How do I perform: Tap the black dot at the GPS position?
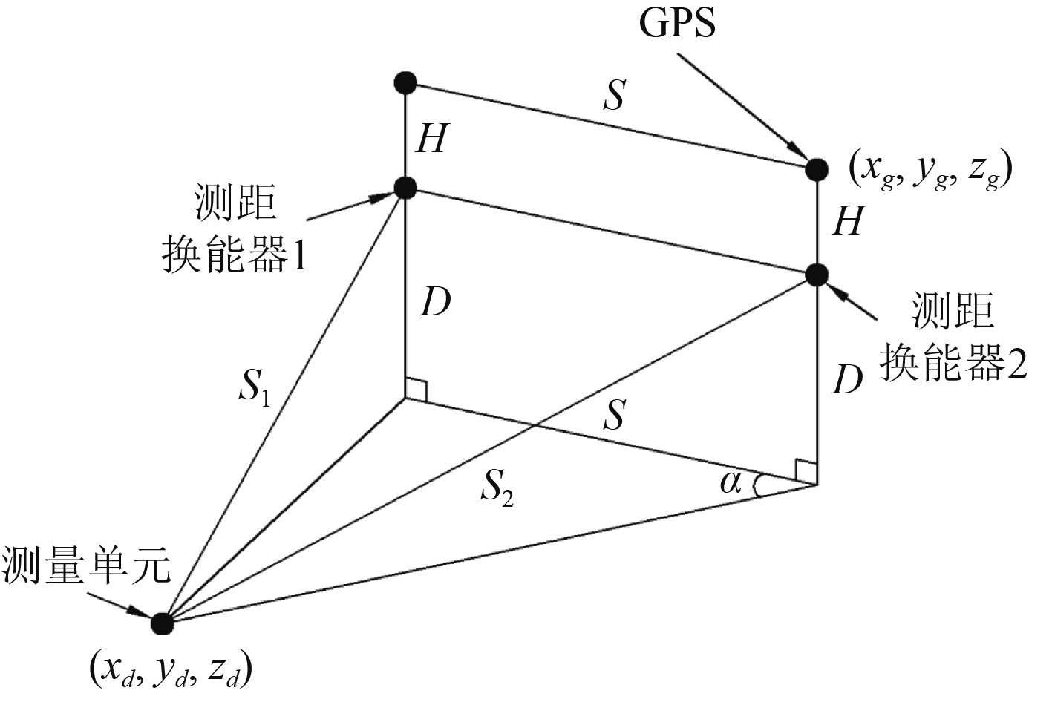point(817,169)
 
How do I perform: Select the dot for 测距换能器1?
point(405,187)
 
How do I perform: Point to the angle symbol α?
point(731,483)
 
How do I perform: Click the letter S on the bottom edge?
point(613,416)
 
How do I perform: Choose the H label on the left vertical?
point(431,138)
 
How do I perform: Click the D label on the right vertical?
point(847,380)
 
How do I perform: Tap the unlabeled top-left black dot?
point(405,82)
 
